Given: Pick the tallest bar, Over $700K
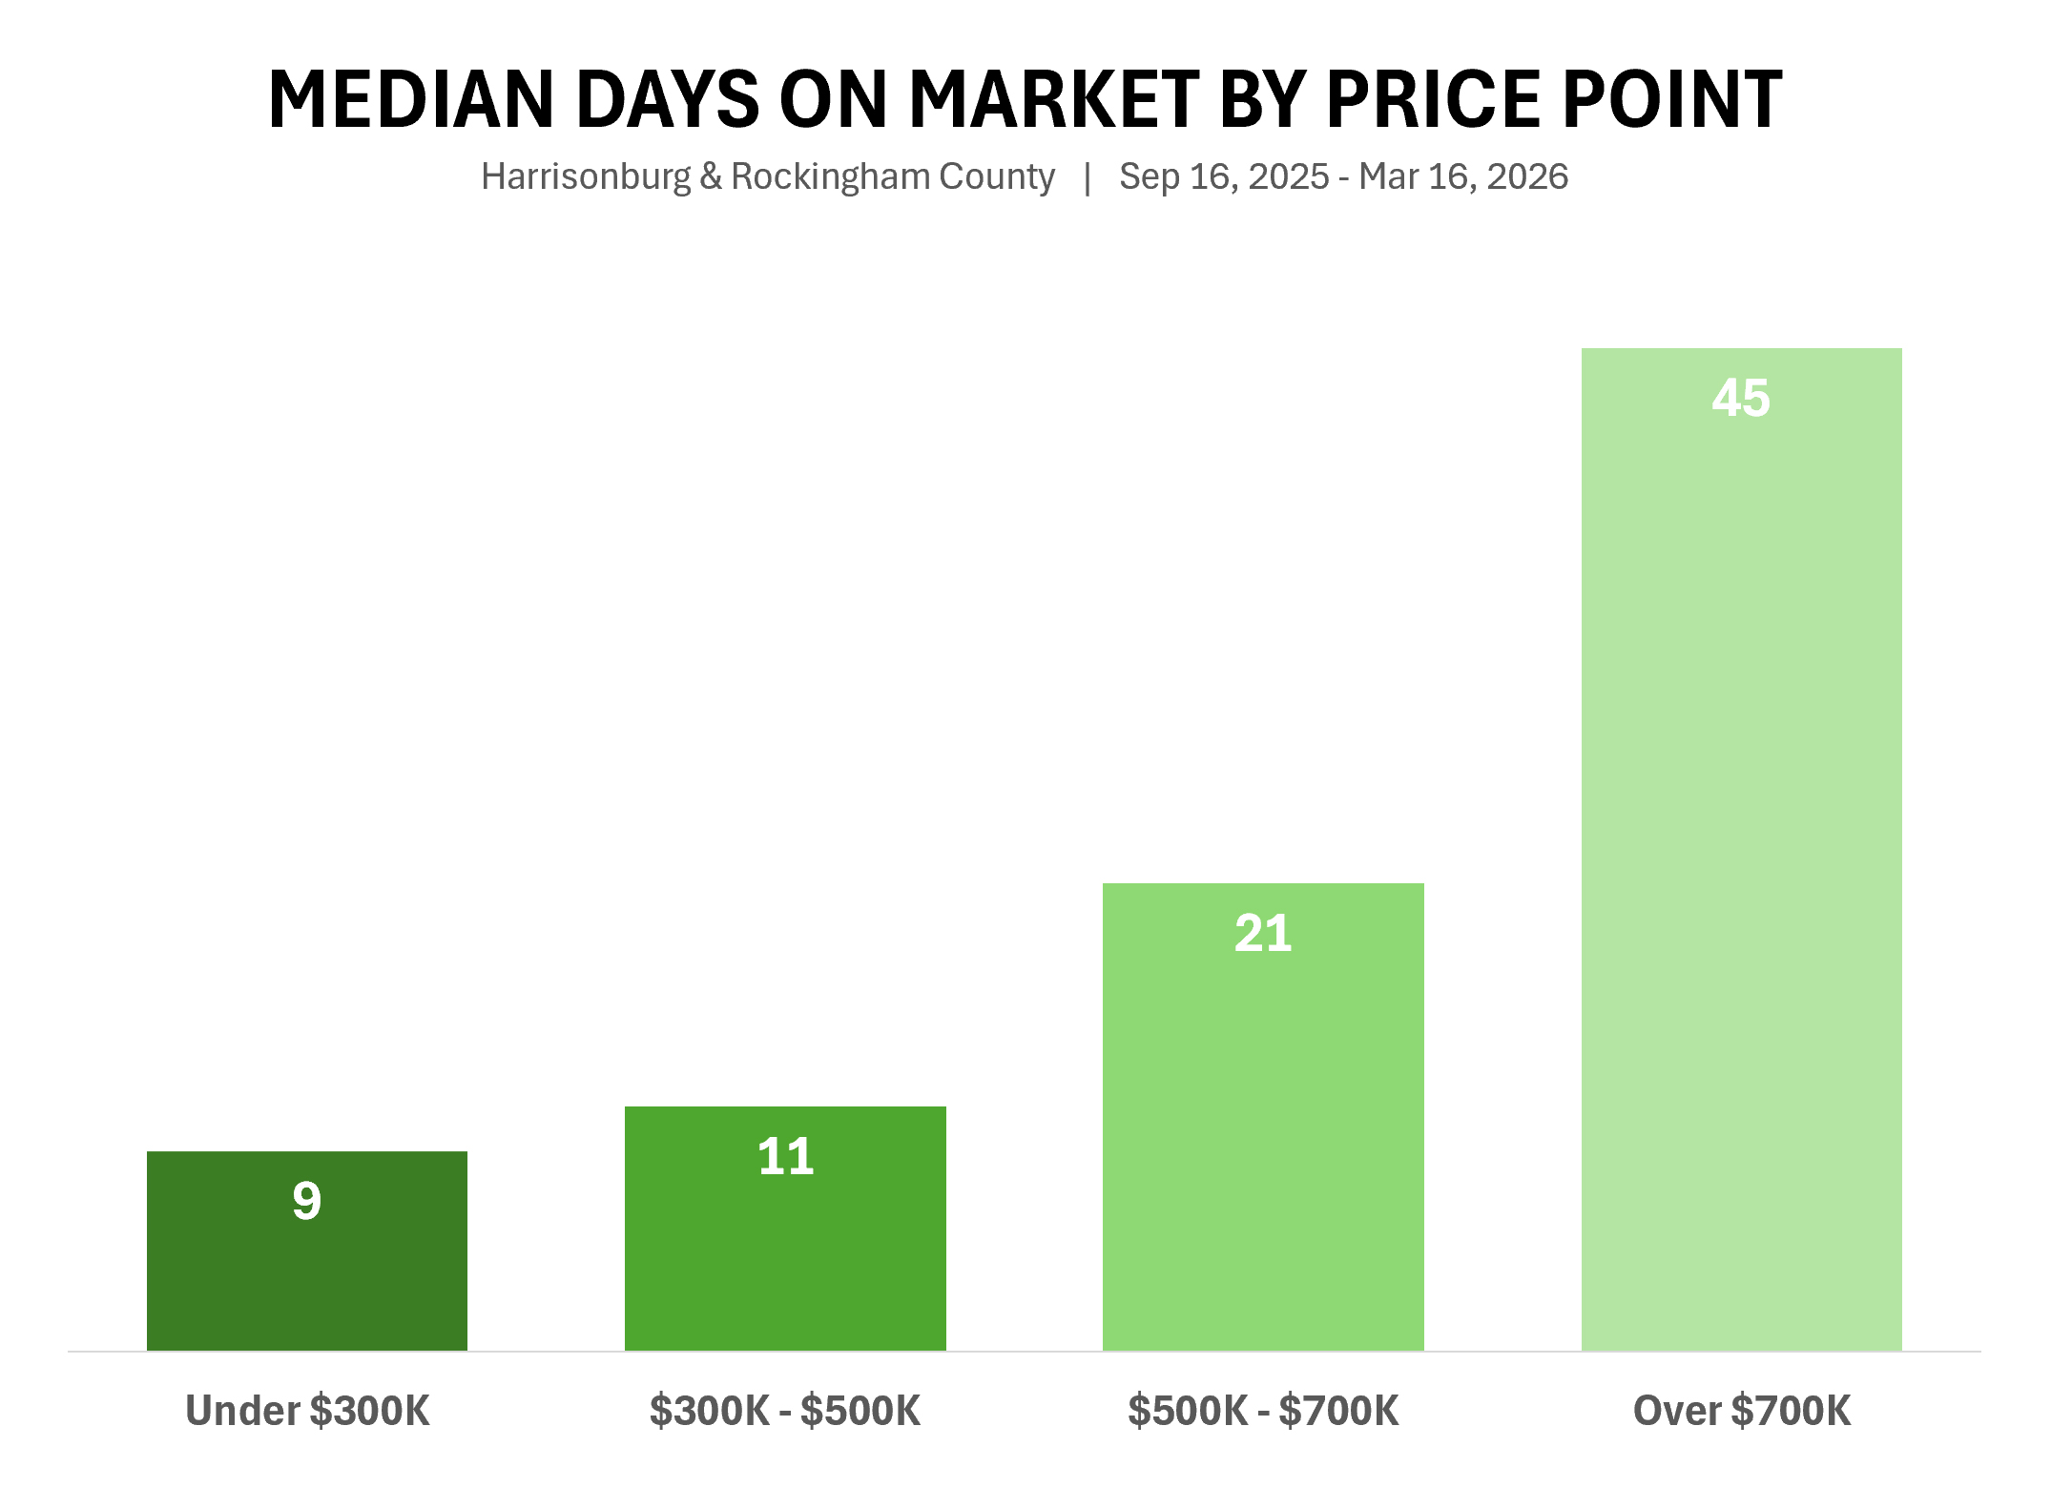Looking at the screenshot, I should [x=1741, y=858].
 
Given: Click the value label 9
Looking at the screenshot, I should [x=306, y=1200].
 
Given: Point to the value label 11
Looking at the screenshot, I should [x=785, y=1156].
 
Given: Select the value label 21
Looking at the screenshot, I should [x=1263, y=933].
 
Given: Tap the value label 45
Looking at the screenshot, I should [x=1741, y=398].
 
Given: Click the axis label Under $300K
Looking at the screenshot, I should [x=307, y=1411].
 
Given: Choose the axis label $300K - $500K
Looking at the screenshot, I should [x=785, y=1411].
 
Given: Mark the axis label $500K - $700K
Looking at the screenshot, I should [x=1263, y=1411].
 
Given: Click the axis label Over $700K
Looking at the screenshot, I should [x=1742, y=1411].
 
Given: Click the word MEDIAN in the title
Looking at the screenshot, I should [x=410, y=99].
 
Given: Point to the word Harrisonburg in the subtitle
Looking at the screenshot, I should [x=585, y=177].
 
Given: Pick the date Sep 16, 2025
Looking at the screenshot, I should [x=1224, y=177].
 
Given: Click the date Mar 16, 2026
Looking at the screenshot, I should [x=1463, y=177].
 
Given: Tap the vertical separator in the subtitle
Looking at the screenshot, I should [x=1088, y=177].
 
